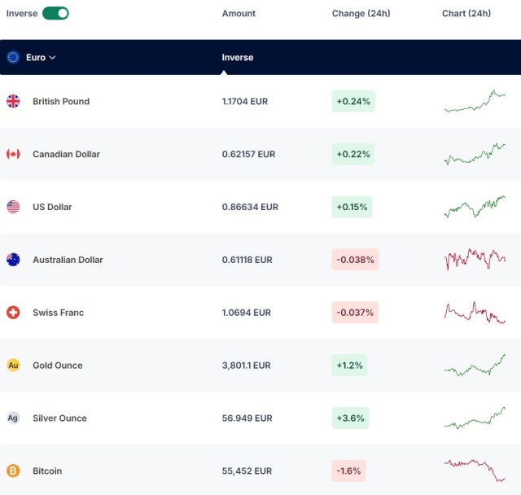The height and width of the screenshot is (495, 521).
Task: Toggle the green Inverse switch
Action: click(x=55, y=13)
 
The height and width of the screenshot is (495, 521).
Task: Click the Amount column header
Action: click(x=239, y=13)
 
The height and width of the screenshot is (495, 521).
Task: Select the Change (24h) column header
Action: click(x=361, y=13)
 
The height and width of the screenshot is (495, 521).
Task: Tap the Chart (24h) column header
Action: click(x=466, y=13)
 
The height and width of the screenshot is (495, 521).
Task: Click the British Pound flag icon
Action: click(x=13, y=101)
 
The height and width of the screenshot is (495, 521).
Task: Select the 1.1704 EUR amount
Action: click(x=245, y=101)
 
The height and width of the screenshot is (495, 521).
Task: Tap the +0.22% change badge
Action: click(x=353, y=154)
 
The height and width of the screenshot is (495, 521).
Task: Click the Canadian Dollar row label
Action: click(x=66, y=154)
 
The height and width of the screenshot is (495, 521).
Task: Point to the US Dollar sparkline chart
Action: click(x=475, y=207)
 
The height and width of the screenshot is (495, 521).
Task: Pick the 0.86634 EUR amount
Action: click(x=250, y=207)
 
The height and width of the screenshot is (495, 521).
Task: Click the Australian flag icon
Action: click(x=13, y=260)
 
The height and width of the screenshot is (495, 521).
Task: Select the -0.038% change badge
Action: click(x=355, y=260)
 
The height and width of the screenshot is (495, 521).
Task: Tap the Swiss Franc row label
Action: click(x=58, y=313)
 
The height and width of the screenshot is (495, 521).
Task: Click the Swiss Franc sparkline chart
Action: click(x=475, y=313)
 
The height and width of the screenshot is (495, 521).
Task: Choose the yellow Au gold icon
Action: click(x=13, y=366)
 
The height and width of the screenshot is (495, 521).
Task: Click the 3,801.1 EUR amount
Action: click(x=246, y=366)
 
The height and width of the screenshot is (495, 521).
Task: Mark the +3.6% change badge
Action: click(x=350, y=418)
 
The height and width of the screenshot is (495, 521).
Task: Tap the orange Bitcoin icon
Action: click(x=13, y=471)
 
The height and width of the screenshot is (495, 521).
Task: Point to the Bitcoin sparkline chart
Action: click(x=475, y=471)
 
